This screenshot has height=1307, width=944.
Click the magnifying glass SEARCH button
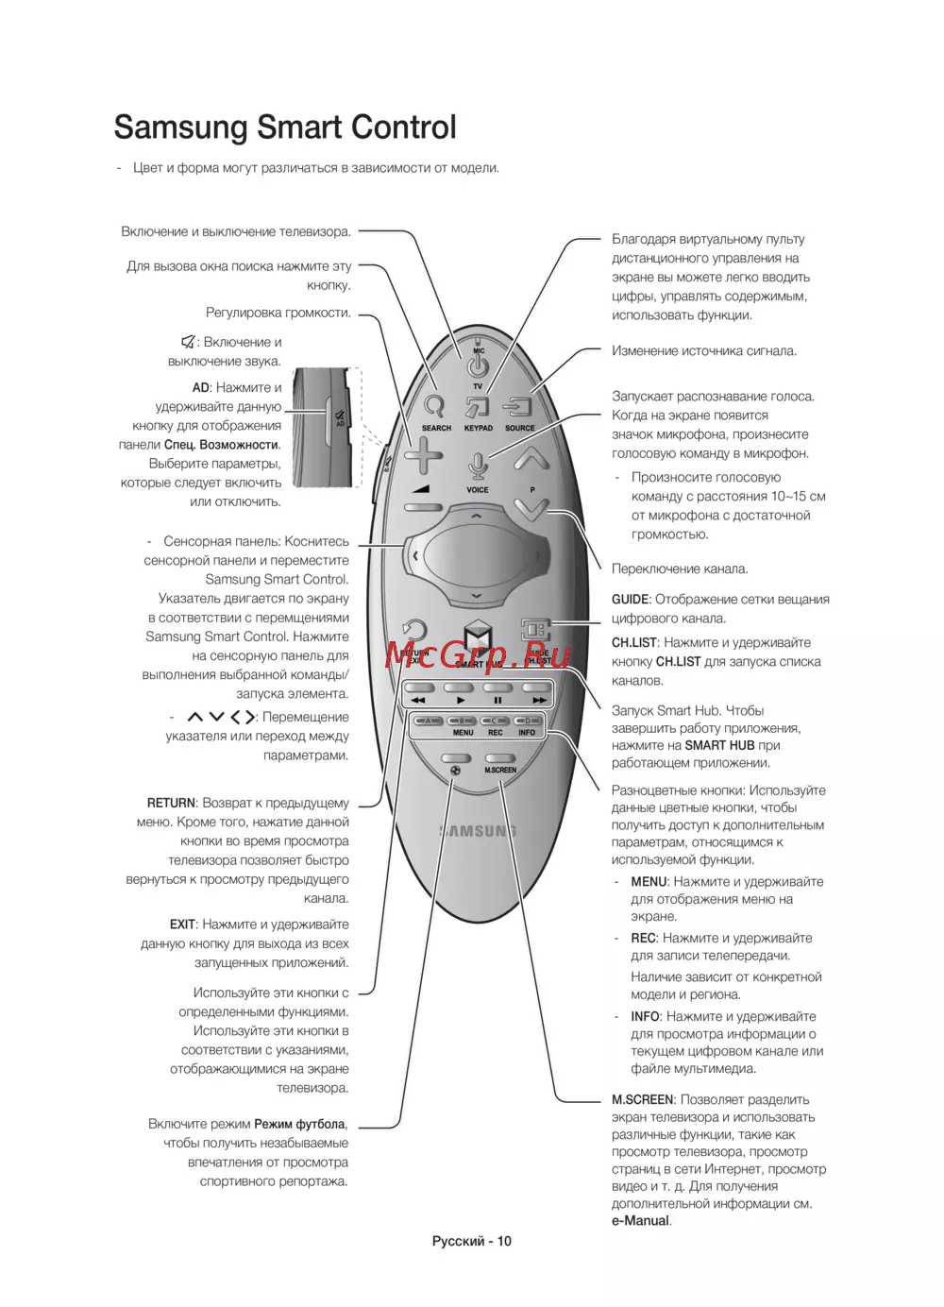[434, 406]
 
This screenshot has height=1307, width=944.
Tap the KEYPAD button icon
[478, 407]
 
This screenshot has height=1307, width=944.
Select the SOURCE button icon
[519, 407]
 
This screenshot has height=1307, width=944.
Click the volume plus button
[423, 456]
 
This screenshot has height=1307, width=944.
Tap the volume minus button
[423, 507]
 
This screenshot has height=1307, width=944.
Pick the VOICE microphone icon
[478, 467]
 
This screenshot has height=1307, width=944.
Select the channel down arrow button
[531, 510]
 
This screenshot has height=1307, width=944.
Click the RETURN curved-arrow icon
[413, 631]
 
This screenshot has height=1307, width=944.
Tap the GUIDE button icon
[536, 630]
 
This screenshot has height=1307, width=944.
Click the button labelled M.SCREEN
[500, 758]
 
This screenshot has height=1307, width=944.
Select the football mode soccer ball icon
[455, 770]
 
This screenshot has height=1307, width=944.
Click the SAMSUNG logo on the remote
[478, 831]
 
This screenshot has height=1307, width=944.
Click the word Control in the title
[396, 127]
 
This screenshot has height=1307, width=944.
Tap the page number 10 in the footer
[504, 1241]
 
